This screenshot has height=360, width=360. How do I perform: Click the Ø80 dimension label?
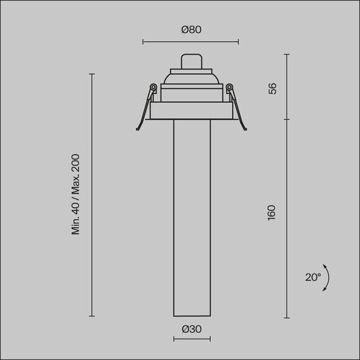pos(191,30)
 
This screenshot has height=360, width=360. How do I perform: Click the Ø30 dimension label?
pos(191,328)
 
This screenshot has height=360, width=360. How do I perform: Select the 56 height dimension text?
pos(273,88)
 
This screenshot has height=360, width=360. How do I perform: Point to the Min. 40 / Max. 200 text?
pos(76,194)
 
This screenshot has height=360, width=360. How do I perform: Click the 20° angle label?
pos(313,277)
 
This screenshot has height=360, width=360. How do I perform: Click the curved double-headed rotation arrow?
pos(327,278)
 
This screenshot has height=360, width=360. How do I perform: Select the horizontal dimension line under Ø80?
pos(191,42)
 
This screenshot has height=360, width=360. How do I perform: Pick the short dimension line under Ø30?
pos(192,339)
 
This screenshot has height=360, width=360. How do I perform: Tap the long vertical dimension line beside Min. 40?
pos(92,195)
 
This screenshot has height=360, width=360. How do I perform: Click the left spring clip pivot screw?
pos(153,87)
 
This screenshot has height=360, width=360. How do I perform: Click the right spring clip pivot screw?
pos(229,87)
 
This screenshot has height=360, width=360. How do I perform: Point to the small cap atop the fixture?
pos(191,61)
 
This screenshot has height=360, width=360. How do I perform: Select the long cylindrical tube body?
pos(192,215)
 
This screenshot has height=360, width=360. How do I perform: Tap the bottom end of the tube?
pos(192,315)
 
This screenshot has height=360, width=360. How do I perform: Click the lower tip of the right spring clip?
pos(244,129)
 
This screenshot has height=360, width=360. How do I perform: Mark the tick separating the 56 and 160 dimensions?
pos(287,119)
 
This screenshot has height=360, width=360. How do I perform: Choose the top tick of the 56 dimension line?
pos(287,54)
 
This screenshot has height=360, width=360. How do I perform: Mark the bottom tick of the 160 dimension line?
pos(287,318)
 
